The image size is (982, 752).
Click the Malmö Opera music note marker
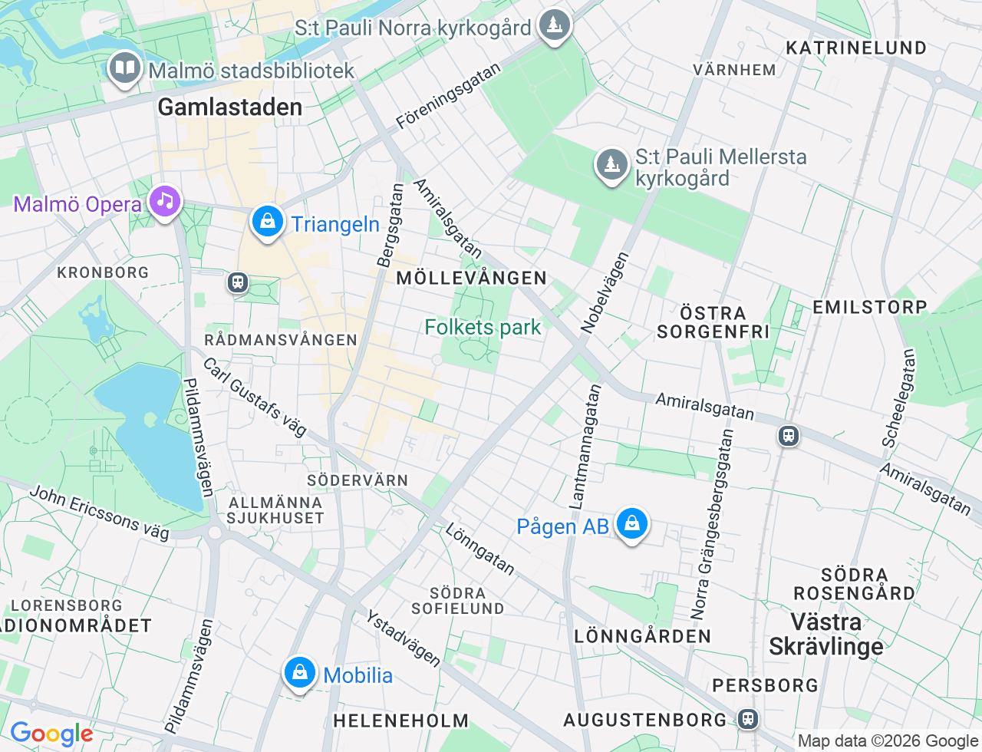click(x=164, y=201)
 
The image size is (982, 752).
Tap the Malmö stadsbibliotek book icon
click(x=124, y=68)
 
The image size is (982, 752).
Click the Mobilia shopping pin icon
click(x=299, y=673)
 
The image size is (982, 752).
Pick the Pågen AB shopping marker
click(x=631, y=524)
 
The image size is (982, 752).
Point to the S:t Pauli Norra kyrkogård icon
click(x=554, y=26)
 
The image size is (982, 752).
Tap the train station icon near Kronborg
click(x=238, y=282)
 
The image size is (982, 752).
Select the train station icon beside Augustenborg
click(x=748, y=719)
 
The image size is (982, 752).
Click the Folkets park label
click(x=483, y=328)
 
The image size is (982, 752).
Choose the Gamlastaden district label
click(x=230, y=107)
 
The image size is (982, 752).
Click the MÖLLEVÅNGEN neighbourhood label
click(x=471, y=278)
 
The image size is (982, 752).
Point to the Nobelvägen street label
click(x=605, y=292)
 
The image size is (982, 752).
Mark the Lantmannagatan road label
click(x=585, y=447)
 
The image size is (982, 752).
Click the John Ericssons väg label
click(x=100, y=513)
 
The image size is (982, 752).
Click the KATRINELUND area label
click(x=856, y=48)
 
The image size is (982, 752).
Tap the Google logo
click(x=51, y=734)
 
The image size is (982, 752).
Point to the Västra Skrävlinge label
click(x=826, y=634)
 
